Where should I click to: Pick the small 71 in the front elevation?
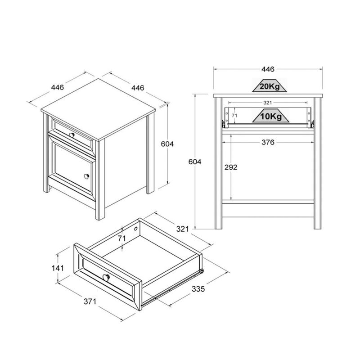click(234, 116)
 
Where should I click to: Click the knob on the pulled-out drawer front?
click(106, 276)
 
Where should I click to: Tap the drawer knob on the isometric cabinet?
click(72, 135)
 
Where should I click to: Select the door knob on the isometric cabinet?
click(85, 176)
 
